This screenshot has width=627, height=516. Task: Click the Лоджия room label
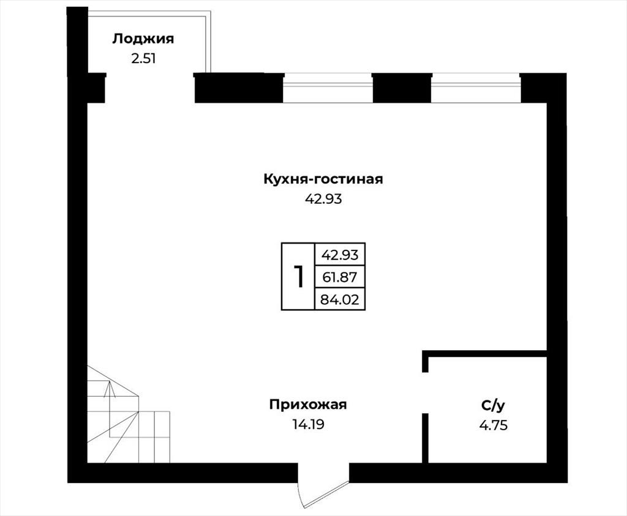coord(143,39)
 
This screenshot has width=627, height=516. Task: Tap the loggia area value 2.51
coord(143,59)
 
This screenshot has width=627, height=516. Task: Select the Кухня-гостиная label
coord(323,179)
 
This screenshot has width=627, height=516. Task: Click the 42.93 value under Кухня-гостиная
coord(323,199)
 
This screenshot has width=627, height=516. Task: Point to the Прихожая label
coord(308,405)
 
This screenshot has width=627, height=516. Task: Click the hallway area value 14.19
coord(308,424)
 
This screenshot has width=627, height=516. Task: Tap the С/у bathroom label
coord(493,406)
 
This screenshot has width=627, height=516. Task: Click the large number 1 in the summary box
coord(299,277)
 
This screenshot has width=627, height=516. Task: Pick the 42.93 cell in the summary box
coord(340,255)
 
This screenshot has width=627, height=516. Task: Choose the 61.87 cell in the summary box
coord(340,277)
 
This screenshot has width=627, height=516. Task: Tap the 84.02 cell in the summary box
coord(340,299)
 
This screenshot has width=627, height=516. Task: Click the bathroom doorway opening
coord(426,392)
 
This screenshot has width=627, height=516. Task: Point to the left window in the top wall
coord(328,88)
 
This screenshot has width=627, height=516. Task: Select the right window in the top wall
coord(476,88)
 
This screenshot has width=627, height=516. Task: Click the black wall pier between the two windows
coord(402,88)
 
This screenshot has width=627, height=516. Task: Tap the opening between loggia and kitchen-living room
coord(150,88)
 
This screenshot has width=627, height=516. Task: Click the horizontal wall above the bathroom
coord(485,354)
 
